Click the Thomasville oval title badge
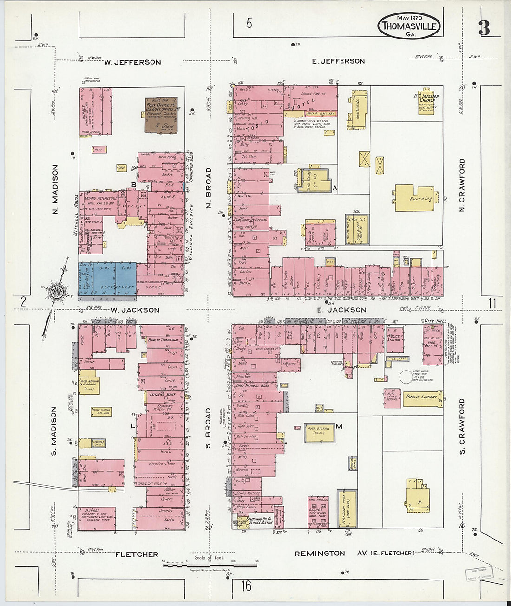tap(409, 26)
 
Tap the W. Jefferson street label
tap(132, 62)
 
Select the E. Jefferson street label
tap(338, 61)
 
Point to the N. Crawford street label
tap(462, 185)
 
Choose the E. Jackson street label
tap(341, 310)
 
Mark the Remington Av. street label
tap(320, 553)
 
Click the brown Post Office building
tap(161, 114)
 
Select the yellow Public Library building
tap(422, 397)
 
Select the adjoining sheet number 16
tap(246, 586)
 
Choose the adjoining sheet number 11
tap(492, 304)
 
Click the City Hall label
tap(435, 321)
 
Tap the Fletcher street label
tap(137, 554)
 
